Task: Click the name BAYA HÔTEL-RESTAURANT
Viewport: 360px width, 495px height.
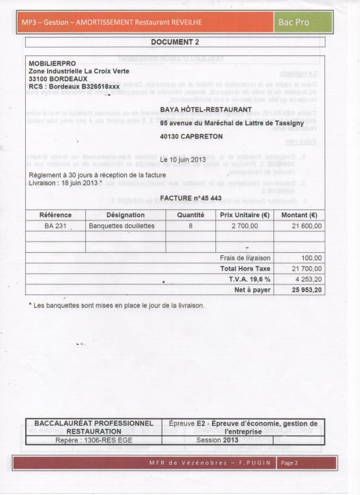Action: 205,109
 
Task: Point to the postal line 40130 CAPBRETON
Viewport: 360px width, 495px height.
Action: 191,136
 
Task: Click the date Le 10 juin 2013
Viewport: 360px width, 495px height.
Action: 184,160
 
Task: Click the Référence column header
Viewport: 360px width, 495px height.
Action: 55,214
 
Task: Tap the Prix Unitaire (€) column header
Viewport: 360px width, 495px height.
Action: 244,214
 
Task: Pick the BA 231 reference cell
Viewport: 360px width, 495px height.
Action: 55,226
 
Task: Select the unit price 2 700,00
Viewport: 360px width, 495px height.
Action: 243,226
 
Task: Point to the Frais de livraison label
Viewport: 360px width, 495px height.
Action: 245,259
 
